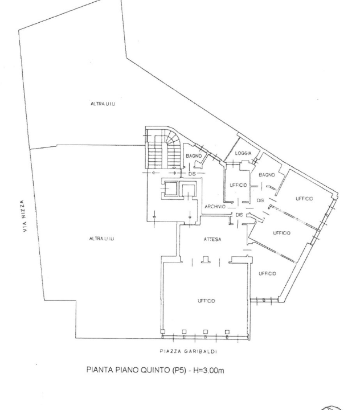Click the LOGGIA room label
(x=243, y=153)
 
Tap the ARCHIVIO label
(x=215, y=207)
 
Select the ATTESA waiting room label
(x=212, y=239)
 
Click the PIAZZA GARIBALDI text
(x=189, y=351)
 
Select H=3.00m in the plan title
(x=208, y=370)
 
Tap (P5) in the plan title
(x=179, y=370)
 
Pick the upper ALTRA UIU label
(x=103, y=104)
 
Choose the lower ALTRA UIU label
(x=101, y=239)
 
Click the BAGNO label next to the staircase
(x=194, y=156)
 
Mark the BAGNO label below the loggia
(x=267, y=175)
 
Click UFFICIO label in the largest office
(x=206, y=301)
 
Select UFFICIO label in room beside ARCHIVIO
(x=238, y=185)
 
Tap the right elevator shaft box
(x=189, y=190)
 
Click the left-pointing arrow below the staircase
(x=154, y=173)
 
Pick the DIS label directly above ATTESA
(x=239, y=215)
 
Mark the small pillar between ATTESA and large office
(x=205, y=259)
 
